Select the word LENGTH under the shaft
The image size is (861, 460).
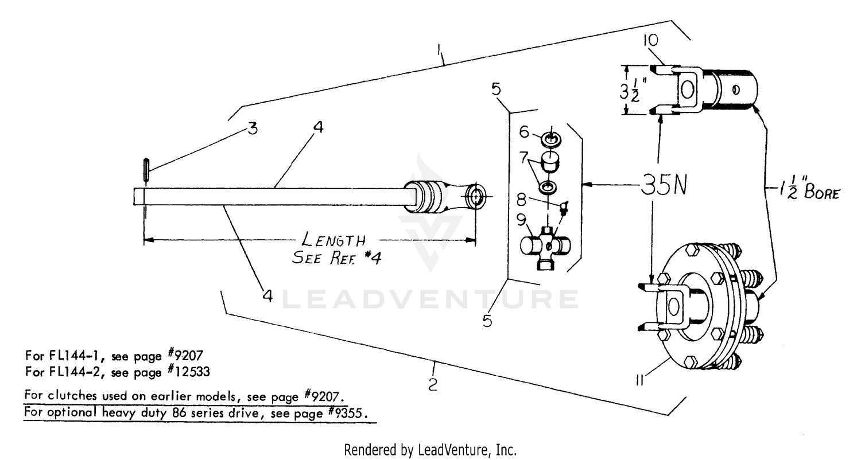pos(333,239)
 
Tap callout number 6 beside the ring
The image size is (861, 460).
pos(523,132)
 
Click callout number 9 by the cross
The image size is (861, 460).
pos(521,219)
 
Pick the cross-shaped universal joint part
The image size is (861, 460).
pos(546,247)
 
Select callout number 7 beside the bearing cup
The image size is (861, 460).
pos(523,155)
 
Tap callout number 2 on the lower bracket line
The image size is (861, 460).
pos(432,384)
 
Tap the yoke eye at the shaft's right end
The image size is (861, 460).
pos(476,196)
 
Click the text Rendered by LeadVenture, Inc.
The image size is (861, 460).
pos(430,450)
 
